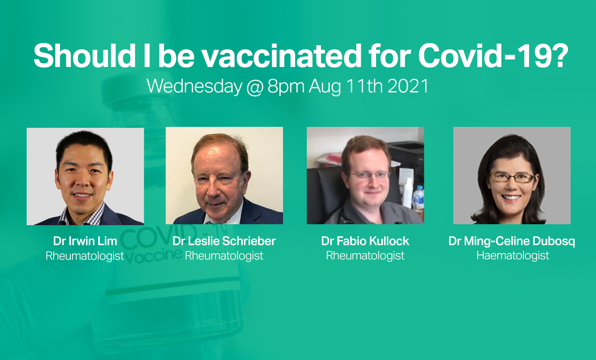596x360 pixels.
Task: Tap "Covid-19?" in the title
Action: tap(493, 56)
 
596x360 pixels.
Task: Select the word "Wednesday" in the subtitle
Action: tap(195, 86)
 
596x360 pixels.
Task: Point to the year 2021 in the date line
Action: tap(407, 86)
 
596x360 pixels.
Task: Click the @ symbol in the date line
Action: tap(254, 87)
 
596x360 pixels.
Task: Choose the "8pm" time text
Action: tap(286, 87)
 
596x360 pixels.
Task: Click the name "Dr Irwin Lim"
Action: tap(85, 241)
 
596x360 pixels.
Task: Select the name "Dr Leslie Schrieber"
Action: tap(224, 241)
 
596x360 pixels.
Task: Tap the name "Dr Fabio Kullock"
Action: tap(365, 241)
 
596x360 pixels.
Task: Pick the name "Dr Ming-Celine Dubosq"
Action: tap(512, 242)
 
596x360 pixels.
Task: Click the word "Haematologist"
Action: tap(513, 256)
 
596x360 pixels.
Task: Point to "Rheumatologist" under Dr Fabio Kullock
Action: tap(365, 256)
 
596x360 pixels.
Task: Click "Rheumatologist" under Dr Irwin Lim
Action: tap(85, 256)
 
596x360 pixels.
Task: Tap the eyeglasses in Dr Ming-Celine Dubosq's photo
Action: tap(512, 178)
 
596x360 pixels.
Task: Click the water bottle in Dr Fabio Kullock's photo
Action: tap(418, 197)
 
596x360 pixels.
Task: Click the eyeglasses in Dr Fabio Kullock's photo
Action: tap(370, 175)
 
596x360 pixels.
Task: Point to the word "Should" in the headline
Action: tap(85, 56)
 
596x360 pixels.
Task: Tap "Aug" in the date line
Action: tap(325, 87)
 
